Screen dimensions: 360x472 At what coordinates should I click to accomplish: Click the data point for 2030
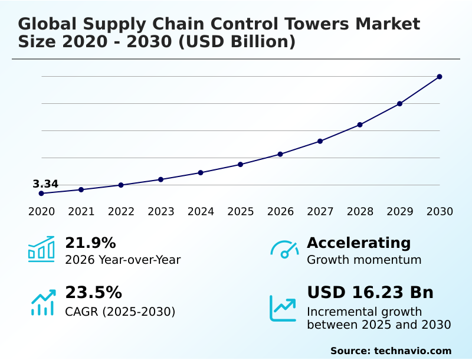pos(440,77)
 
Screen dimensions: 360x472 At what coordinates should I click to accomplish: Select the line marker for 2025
pos(241,164)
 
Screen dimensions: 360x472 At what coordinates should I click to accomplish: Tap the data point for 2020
pos(41,194)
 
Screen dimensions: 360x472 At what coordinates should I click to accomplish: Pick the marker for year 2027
pos(320,141)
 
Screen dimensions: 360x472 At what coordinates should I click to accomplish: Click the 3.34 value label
pos(45,184)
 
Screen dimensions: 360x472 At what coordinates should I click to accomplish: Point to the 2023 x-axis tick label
pos(160,212)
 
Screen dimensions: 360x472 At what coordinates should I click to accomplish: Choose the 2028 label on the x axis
pos(360,212)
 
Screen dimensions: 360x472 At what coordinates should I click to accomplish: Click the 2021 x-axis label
pos(81,212)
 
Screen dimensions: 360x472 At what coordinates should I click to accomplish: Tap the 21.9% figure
pos(90,243)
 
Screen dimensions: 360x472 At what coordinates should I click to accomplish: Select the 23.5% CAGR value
pos(93,293)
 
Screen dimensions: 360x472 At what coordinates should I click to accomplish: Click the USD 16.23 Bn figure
pos(370,293)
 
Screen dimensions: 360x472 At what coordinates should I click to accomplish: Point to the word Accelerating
pos(359,243)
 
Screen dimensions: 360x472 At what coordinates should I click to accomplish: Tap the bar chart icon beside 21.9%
pos(41,250)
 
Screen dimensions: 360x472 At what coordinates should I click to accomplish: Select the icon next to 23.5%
pos(42,302)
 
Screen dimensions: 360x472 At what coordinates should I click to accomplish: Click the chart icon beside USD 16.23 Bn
pos(283,307)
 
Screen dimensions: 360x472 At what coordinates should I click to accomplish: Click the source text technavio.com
pos(412,351)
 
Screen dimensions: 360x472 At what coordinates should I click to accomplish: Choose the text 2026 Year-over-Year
pos(123,260)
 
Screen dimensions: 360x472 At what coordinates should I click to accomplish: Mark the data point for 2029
pos(399,104)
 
